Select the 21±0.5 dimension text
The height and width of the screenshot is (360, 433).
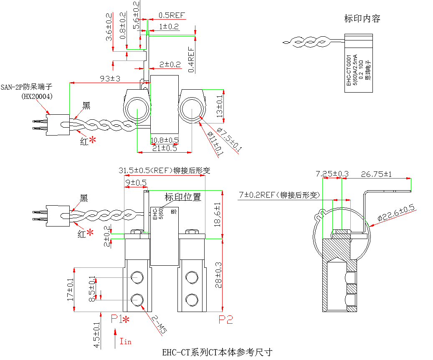[x=165, y=148]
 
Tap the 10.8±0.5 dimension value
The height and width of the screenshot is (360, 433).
[x=165, y=140]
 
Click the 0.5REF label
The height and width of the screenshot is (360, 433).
[x=171, y=15]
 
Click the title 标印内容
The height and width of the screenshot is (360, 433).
[x=362, y=18]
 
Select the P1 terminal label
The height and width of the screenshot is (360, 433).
[x=116, y=320]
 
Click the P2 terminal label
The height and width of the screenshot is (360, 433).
[x=226, y=320]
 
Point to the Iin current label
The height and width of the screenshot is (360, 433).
[x=125, y=341]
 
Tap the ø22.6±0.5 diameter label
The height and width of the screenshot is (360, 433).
[x=395, y=213]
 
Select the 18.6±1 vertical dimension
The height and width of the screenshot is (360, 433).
[x=217, y=214]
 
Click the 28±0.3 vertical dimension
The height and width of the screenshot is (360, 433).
[x=217, y=274]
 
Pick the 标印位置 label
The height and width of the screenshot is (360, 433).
[x=183, y=197]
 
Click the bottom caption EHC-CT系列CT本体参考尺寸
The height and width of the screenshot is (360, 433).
[x=217, y=352]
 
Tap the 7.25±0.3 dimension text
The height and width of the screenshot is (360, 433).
[x=332, y=174]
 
